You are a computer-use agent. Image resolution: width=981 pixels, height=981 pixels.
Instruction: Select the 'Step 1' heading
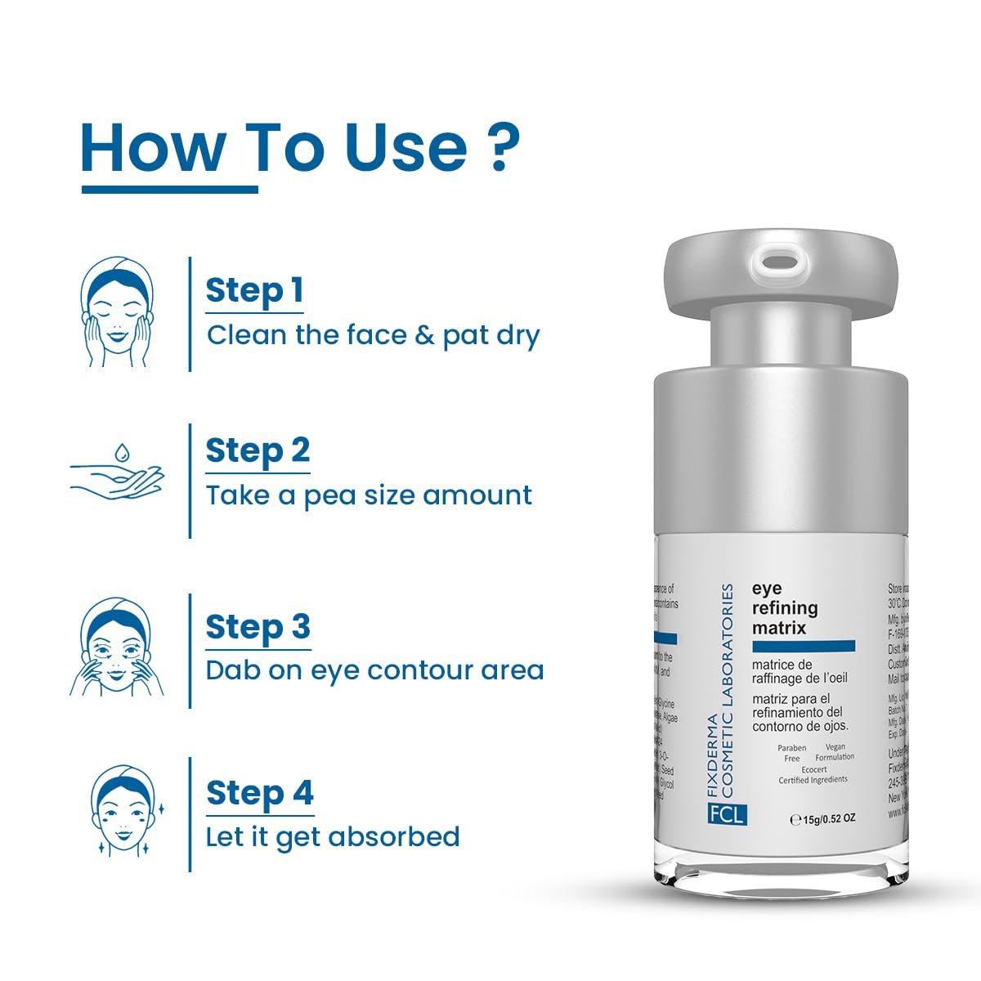pos(254,290)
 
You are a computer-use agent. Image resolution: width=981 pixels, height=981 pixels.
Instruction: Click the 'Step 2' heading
pos(258,450)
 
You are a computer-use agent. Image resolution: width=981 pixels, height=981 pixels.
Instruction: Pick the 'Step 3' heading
pos(258,627)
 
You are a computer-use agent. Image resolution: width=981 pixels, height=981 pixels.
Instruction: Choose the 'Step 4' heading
pos(260,793)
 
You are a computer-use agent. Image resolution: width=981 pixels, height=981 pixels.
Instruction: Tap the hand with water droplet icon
pos(116,473)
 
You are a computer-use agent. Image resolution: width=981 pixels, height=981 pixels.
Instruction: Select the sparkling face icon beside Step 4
pos(122,810)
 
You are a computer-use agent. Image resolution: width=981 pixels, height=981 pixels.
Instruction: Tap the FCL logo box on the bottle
pos(727,814)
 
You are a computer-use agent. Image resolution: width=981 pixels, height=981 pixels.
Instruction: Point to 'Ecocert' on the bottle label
pos(813,769)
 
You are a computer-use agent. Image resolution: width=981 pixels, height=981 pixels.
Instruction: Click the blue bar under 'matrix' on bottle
pos(803,646)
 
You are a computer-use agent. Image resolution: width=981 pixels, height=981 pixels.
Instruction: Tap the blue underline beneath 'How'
pos(169,190)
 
